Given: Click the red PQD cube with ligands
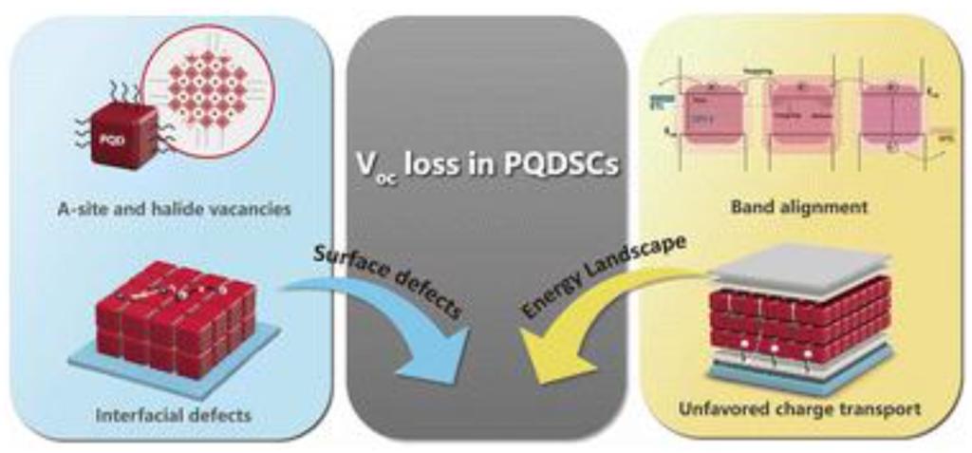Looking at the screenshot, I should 122,137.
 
